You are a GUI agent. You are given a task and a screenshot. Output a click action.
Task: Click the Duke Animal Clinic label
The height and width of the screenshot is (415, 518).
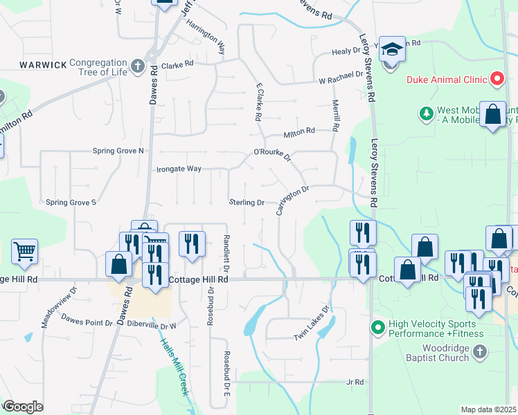click(446, 80)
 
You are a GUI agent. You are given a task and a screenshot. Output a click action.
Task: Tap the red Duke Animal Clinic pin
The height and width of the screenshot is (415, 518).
click(497, 80)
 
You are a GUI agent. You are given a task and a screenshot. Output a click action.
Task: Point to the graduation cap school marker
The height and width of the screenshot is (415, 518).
click(391, 50)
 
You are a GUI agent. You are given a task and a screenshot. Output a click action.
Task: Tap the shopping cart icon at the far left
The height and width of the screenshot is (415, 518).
click(24, 252)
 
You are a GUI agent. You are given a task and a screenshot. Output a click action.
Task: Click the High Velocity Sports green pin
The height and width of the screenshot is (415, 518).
click(377, 326)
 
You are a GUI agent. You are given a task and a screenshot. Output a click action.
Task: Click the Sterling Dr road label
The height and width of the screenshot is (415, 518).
click(247, 203)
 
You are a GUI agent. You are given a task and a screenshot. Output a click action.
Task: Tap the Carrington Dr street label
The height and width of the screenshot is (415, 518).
click(292, 200)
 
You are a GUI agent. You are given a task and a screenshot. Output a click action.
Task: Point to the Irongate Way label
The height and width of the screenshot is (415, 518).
click(179, 169)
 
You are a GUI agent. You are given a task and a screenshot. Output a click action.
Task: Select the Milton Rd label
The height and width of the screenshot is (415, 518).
click(299, 131)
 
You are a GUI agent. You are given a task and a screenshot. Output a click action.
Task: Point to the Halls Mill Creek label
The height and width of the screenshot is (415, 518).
click(175, 366)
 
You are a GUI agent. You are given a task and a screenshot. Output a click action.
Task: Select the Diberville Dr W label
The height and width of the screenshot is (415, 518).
click(149, 325)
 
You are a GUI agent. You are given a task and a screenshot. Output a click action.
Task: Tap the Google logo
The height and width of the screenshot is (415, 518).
click(22, 407)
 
